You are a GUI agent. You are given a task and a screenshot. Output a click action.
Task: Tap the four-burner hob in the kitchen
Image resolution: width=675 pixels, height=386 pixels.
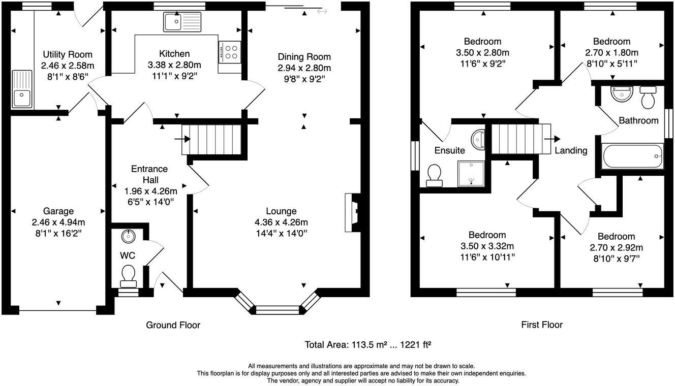pyautogui.click(x=230, y=51)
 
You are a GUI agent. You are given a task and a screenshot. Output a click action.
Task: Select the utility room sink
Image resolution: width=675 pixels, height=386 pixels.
pyautogui.click(x=22, y=89)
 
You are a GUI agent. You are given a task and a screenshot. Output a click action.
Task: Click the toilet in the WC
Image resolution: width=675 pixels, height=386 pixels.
pyautogui.click(x=128, y=275)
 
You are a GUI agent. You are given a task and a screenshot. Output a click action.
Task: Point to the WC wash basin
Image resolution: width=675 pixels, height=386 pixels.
pyautogui.click(x=128, y=236)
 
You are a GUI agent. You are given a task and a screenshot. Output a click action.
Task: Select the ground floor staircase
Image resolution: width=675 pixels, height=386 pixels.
pyautogui.click(x=210, y=139)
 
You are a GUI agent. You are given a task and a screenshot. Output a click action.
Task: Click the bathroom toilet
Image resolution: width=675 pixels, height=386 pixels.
pyautogui.click(x=648, y=98)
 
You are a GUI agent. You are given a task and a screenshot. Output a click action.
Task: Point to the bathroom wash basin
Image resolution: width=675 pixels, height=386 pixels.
pyautogui.click(x=621, y=94)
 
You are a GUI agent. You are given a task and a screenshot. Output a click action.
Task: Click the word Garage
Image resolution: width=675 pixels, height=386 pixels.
pyautogui.click(x=58, y=211)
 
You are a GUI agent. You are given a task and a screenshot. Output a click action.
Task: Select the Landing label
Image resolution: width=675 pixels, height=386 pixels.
pyautogui.click(x=571, y=150)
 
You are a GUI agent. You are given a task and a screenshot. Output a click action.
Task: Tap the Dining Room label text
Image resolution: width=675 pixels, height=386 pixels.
pyautogui.click(x=304, y=57)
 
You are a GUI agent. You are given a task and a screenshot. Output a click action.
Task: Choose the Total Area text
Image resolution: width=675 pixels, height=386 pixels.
pyautogui.click(x=368, y=345)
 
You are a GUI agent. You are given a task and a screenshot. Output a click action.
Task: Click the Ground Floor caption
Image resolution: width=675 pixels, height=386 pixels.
pyautogui.click(x=173, y=325)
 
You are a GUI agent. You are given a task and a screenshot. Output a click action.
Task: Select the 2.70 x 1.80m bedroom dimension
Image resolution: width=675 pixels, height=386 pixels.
pyautogui.click(x=611, y=52)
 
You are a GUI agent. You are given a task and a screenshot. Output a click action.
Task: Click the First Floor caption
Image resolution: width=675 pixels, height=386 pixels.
pyautogui.click(x=542, y=325)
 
